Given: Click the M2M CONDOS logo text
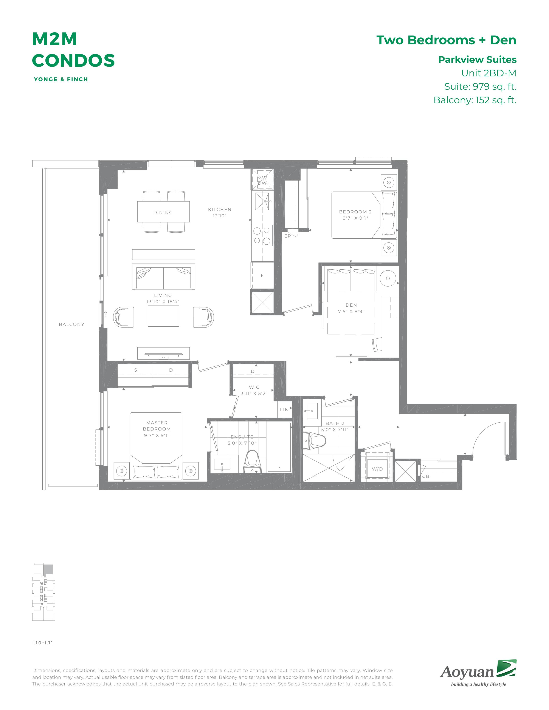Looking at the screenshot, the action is (73, 50).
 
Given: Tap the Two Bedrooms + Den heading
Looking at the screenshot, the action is (446, 40).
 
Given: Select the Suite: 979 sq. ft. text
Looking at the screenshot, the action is (480, 86).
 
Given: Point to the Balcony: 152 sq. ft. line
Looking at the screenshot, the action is (475, 100).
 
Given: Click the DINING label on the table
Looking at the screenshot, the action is (163, 212).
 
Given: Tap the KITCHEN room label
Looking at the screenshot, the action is (220, 209).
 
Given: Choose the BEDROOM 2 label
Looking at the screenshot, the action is (355, 212).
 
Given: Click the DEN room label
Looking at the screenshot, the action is (351, 305).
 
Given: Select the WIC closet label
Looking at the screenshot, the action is (254, 387).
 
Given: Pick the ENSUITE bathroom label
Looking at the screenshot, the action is (242, 437).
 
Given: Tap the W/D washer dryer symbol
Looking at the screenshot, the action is (377, 469).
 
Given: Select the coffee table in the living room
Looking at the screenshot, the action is (163, 316).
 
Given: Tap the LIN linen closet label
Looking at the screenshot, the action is (284, 410).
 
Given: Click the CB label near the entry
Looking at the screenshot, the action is (426, 476).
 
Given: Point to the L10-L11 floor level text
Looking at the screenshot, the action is (43, 643).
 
